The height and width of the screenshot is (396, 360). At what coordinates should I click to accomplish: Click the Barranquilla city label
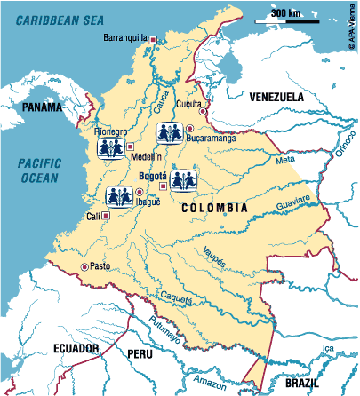pyautogui.click(x=126, y=39)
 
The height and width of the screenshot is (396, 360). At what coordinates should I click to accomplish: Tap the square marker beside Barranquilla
pyautogui.click(x=153, y=39)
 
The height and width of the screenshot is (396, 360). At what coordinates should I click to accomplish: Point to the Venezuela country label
pyautogui.click(x=276, y=96)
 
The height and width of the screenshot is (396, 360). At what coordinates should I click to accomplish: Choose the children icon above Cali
pyautogui.click(x=119, y=196)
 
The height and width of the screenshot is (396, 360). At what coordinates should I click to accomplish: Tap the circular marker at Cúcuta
pyautogui.click(x=204, y=113)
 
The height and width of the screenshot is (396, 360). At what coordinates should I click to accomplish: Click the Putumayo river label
pyautogui.click(x=164, y=330)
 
